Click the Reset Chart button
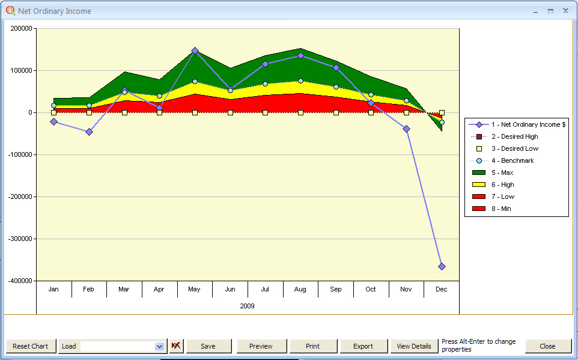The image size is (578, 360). [31, 346]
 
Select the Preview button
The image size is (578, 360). [261, 346]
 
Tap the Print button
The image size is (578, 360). [312, 346]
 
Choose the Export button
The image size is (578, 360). [363, 346]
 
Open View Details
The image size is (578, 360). [413, 346]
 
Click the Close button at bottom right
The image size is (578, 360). [547, 346]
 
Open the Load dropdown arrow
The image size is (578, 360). [159, 346]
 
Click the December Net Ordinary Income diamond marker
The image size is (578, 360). [442, 266]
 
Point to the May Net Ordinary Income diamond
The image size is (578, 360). [195, 50]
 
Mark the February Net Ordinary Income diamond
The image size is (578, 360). [89, 132]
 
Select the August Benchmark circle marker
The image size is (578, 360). [300, 81]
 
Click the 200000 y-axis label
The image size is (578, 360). [21, 28]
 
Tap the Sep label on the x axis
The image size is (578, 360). [335, 289]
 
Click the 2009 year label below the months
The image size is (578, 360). [247, 306]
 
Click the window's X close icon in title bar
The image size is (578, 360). [565, 11]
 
